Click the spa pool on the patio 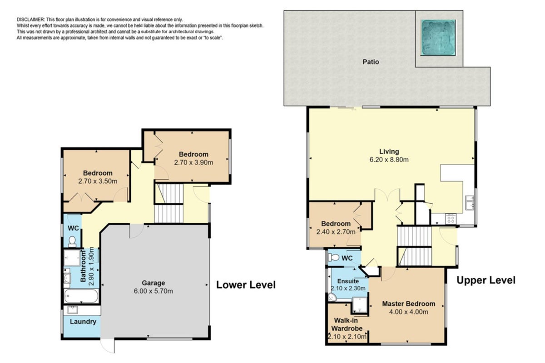(x=438, y=38)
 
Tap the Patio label (x=371, y=62)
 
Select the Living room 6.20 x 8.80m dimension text (x=389, y=160)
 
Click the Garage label (x=154, y=283)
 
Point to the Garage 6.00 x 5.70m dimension (x=154, y=291)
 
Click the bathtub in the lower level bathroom (x=81, y=296)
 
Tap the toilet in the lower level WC (x=72, y=241)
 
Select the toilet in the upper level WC (x=333, y=257)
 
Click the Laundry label (x=83, y=322)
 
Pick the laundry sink (x=73, y=310)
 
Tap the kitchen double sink (x=470, y=202)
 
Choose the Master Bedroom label (x=408, y=304)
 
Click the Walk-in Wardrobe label (x=347, y=324)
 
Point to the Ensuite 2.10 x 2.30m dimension (x=348, y=288)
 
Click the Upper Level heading (x=486, y=280)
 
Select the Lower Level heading (x=246, y=285)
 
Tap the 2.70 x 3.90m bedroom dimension (x=193, y=162)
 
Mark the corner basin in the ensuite (x=332, y=297)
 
